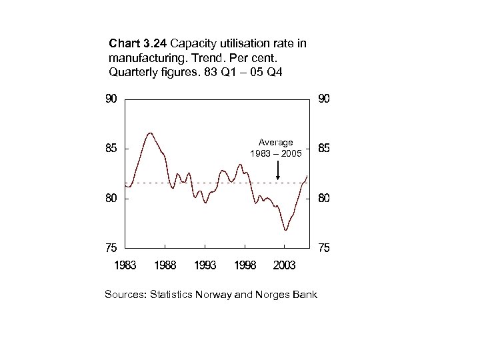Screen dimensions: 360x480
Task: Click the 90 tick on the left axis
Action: click(111, 99)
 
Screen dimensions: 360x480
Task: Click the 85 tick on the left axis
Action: click(111, 149)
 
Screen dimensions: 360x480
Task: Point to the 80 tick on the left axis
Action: click(111, 198)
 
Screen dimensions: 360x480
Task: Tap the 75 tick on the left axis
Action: click(111, 248)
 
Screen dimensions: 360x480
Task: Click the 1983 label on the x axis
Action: click(125, 265)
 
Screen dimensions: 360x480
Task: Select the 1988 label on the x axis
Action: click(165, 265)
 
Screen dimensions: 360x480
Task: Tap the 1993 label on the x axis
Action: click(205, 265)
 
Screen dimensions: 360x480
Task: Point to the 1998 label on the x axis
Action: click(245, 265)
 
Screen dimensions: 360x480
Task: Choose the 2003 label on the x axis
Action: click(285, 265)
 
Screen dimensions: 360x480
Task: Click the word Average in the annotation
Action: click(276, 143)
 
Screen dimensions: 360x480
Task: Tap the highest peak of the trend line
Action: click(150, 133)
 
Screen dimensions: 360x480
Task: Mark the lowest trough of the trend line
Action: click(285, 230)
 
